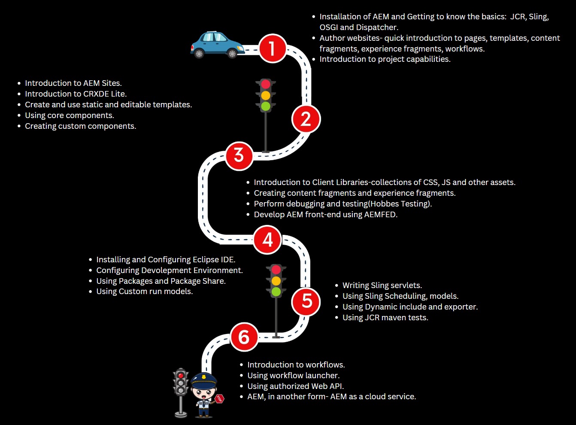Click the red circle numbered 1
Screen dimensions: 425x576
[272, 48]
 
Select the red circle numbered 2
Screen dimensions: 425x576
[306, 119]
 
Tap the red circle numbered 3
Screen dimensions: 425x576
[239, 155]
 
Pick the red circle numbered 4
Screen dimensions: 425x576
[267, 240]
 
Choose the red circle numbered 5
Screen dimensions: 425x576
[306, 301]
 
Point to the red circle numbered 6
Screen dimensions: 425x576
[244, 337]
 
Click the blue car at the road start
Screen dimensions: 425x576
[216, 45]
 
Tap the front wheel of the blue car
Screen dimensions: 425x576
[232, 54]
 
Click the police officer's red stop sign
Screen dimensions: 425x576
[219, 399]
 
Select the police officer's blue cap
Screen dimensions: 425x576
[203, 379]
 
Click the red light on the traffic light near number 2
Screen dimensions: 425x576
[266, 84]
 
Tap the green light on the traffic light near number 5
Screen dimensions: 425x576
[276, 292]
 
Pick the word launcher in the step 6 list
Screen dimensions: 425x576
[321, 376]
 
